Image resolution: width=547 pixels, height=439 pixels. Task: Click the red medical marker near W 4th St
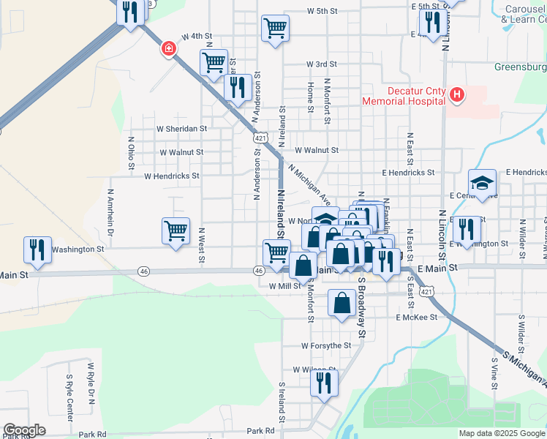point(169,49)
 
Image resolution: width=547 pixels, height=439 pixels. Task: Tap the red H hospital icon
point(457,94)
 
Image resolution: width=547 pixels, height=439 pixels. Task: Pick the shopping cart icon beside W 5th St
point(275,29)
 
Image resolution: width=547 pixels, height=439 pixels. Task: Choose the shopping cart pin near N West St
point(176,230)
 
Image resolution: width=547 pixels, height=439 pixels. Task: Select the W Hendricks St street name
point(172,176)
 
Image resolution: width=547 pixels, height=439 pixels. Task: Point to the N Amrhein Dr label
point(111,213)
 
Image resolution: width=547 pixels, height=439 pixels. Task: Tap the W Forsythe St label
point(326,345)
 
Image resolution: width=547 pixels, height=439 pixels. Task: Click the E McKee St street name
point(416,318)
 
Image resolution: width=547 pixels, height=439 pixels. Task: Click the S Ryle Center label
point(69,399)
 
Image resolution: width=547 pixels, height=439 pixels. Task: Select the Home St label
point(311,93)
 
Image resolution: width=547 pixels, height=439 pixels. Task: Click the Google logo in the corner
point(24,430)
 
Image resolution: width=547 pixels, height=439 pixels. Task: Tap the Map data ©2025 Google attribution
point(502,433)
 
